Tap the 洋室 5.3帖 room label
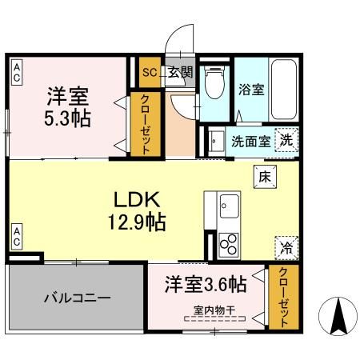[67, 106]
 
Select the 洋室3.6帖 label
[206, 284]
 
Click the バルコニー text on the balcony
[76, 297]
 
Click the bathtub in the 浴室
[283, 90]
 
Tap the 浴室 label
[251, 90]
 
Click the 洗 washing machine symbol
[285, 139]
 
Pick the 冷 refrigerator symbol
[285, 248]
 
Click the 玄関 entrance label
[181, 71]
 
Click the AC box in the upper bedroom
[16, 73]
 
